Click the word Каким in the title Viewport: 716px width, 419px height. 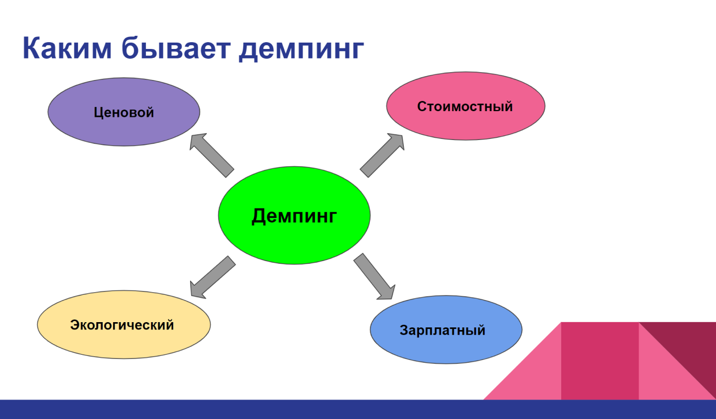pos(67,48)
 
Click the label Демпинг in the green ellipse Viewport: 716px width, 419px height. pos(294,216)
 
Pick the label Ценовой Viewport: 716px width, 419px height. pos(124,112)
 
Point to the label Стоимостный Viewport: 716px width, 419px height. pos(465,106)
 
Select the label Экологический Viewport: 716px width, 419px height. pos(122,325)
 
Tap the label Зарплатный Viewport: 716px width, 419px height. pos(442,331)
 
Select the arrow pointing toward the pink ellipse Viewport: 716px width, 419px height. pos(382,155)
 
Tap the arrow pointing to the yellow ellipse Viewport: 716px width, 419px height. pos(212,276)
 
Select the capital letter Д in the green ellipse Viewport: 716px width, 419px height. pos(259,216)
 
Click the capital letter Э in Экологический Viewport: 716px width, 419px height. pos(75,325)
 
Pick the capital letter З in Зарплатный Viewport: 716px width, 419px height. pos(404,331)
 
